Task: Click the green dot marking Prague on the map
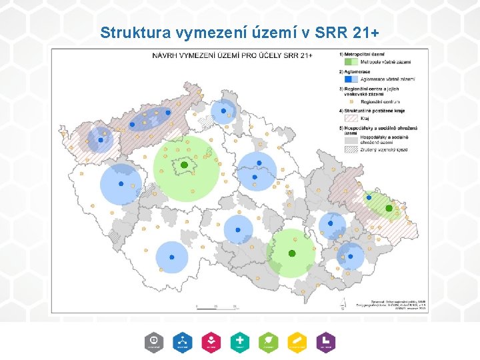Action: click(x=184, y=165)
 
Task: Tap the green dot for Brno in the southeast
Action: click(x=291, y=253)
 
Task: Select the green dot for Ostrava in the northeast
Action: click(x=389, y=209)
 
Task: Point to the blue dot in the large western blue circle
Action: click(x=121, y=183)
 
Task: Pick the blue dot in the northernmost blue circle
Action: click(x=223, y=110)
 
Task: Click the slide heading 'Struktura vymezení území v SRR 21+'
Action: click(x=240, y=31)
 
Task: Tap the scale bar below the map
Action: click(x=217, y=306)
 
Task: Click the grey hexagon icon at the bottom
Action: click(x=153, y=341)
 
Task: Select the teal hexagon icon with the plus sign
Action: click(x=239, y=341)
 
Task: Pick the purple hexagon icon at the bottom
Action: click(x=325, y=341)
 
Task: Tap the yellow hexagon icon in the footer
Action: click(x=297, y=341)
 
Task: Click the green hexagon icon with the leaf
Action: click(x=268, y=341)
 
